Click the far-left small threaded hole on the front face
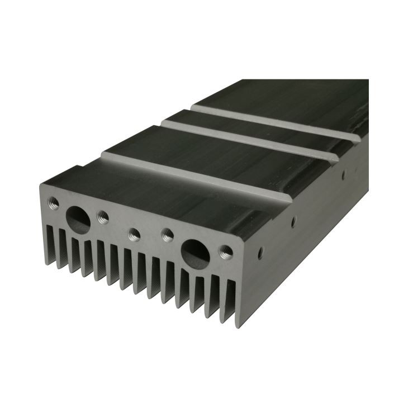coord(54,200)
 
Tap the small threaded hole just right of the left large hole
coord(102,215)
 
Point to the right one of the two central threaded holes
coord(167,234)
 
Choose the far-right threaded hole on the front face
coord(225,251)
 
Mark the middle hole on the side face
coord(292,222)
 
